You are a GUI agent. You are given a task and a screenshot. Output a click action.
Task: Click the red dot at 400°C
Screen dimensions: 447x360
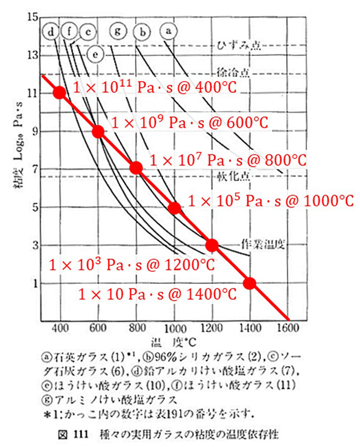pyautogui.click(x=59, y=92)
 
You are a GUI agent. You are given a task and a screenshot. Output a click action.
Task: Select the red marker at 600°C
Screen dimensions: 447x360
pyautogui.click(x=98, y=131)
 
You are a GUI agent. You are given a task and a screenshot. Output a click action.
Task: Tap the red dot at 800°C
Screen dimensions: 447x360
pyautogui.click(x=136, y=168)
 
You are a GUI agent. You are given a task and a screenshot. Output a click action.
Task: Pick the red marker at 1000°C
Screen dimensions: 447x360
pyautogui.click(x=175, y=208)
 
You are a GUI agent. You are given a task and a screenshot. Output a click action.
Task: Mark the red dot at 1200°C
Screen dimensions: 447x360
pyautogui.click(x=212, y=245)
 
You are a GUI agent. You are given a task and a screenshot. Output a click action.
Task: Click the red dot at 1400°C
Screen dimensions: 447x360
pyautogui.click(x=250, y=283)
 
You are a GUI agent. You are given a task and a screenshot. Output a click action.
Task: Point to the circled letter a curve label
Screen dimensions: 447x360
pyautogui.click(x=169, y=29)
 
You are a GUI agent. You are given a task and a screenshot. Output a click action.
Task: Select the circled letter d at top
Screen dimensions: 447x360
pyautogui.click(x=53, y=31)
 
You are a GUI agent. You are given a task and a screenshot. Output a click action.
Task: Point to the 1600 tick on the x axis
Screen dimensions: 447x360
pyautogui.click(x=288, y=328)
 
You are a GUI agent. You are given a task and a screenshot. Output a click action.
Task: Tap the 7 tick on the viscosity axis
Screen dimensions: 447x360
pyautogui.click(x=35, y=169)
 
